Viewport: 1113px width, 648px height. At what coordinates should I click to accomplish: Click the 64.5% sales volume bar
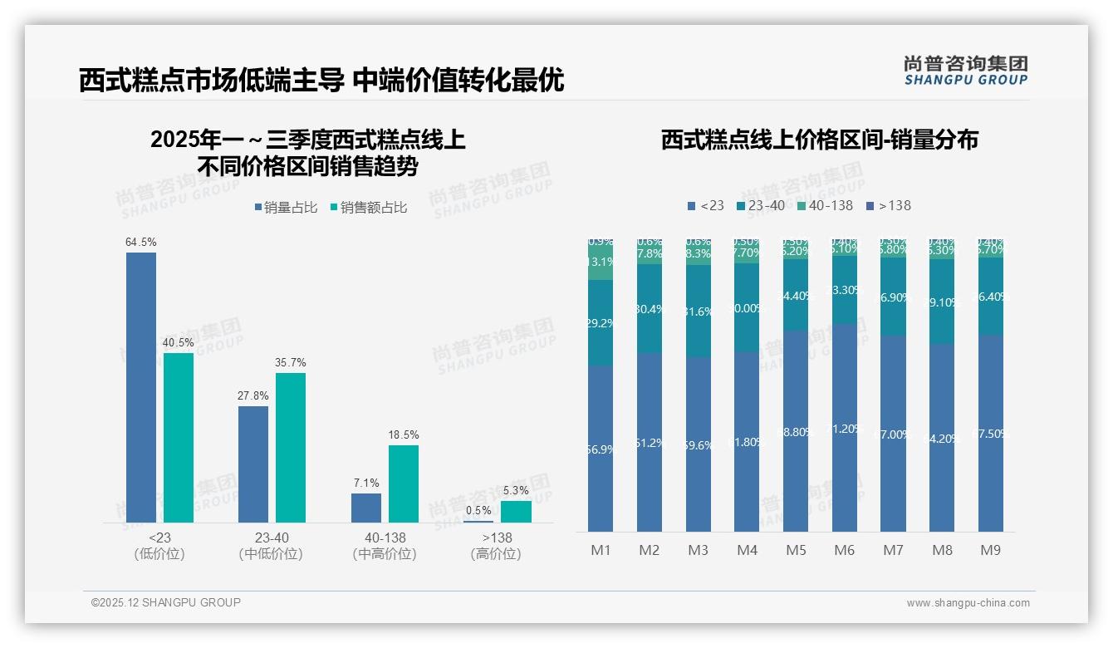[141, 387]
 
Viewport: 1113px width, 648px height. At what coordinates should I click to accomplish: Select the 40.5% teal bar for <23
[179, 438]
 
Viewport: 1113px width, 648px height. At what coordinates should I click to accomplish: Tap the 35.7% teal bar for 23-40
[291, 447]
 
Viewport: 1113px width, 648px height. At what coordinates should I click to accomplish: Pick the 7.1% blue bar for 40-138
[366, 508]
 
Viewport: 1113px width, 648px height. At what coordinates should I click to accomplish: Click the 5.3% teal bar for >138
[516, 512]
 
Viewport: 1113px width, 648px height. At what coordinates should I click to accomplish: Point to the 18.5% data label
[404, 434]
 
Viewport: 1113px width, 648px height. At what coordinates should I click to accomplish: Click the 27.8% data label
[253, 396]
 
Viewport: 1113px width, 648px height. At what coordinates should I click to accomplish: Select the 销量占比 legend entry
[286, 208]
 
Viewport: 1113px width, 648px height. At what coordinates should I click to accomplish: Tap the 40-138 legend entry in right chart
[825, 205]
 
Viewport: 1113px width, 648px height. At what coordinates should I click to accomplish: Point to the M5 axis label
[796, 550]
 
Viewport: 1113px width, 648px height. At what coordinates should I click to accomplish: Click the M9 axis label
[990, 550]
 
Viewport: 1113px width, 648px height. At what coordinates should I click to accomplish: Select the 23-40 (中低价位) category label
[271, 546]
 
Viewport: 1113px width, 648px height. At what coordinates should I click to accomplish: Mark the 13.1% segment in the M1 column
[601, 262]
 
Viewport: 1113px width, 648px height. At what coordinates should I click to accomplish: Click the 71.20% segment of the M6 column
[844, 428]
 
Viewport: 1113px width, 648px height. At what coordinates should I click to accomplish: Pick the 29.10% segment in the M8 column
[942, 302]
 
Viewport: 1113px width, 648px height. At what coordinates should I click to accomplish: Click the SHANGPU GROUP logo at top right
[965, 70]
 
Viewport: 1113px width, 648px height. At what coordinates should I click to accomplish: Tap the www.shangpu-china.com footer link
[968, 603]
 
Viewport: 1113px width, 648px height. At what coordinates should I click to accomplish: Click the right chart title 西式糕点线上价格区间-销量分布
[819, 140]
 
